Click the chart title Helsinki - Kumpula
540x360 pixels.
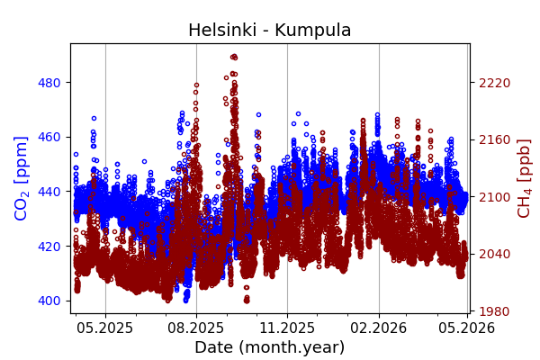[269, 31]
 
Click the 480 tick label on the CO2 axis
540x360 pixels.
[49, 83]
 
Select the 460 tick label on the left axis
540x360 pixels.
[49, 137]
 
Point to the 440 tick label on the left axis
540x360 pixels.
[49, 192]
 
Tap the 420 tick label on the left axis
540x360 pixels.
[49, 246]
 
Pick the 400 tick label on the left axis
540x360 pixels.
[49, 301]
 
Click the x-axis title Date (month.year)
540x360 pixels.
[269, 347]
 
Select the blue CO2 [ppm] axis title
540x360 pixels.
[22, 178]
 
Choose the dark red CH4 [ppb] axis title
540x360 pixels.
[524, 178]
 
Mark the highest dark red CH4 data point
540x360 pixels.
[234, 57]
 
